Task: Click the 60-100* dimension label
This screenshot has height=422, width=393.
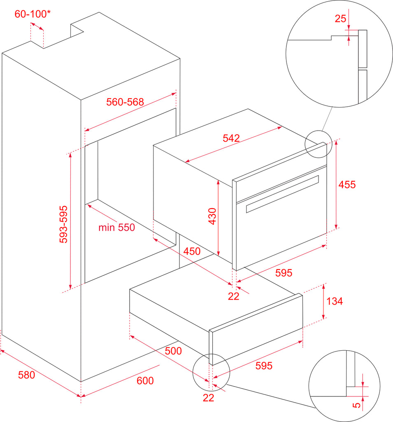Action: (32, 14)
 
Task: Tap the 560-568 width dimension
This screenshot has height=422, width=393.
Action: (125, 102)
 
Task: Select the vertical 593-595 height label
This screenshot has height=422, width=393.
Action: (63, 224)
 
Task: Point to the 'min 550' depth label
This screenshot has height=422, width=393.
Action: (116, 227)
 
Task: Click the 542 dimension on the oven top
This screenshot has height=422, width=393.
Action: (231, 138)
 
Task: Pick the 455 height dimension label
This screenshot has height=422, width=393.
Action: (347, 185)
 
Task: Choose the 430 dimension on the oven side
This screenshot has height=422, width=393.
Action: (212, 216)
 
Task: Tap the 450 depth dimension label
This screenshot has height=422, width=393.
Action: (192, 251)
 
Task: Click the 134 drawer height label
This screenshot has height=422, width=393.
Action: (335, 301)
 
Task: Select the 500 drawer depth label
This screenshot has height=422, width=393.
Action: (173, 351)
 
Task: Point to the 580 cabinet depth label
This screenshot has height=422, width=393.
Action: (27, 375)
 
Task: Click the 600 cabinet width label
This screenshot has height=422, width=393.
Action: (145, 380)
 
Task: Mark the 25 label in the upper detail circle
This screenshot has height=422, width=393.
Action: (340, 19)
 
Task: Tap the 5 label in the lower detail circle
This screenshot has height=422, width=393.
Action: (357, 405)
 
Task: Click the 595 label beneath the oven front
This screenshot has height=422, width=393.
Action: (284, 273)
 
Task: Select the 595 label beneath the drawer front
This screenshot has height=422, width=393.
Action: (264, 366)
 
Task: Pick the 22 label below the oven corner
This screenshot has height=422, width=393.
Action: (234, 296)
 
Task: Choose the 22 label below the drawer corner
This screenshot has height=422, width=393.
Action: (209, 398)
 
